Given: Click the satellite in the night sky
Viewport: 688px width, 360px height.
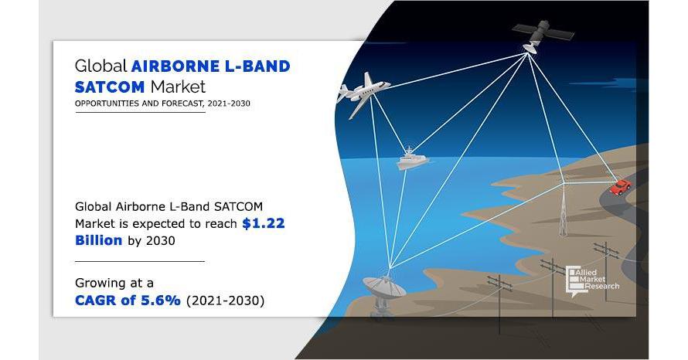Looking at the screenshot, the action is (541, 35).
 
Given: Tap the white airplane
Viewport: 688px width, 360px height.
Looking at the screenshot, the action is (363, 93).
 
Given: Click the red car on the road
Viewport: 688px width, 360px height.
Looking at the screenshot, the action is (621, 186).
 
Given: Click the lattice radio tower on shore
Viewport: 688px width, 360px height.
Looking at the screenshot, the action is (563, 206).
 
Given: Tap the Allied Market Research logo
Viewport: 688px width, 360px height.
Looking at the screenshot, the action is (592, 281).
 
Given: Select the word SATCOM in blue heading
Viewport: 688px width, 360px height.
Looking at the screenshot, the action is (110, 87).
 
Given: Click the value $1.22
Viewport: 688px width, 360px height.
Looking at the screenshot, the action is (264, 223).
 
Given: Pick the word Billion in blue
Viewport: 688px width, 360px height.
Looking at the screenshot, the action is (98, 240).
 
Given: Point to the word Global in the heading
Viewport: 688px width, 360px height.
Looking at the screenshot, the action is (101, 66).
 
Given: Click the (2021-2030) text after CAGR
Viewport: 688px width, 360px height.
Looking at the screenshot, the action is (226, 301).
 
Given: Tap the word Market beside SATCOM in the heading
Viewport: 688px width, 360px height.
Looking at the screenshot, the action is (178, 87).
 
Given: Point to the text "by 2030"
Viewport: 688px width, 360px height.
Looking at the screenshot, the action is (152, 241).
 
